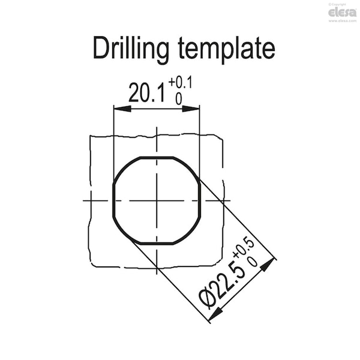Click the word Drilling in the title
pos(131,50)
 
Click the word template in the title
pos(227,50)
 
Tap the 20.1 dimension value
pos(147,93)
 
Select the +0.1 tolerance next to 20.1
pos(180,83)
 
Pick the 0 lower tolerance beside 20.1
pos(179,99)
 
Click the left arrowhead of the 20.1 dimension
pos(122,109)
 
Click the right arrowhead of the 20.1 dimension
pos(191,109)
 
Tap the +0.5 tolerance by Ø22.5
pos(244,249)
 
